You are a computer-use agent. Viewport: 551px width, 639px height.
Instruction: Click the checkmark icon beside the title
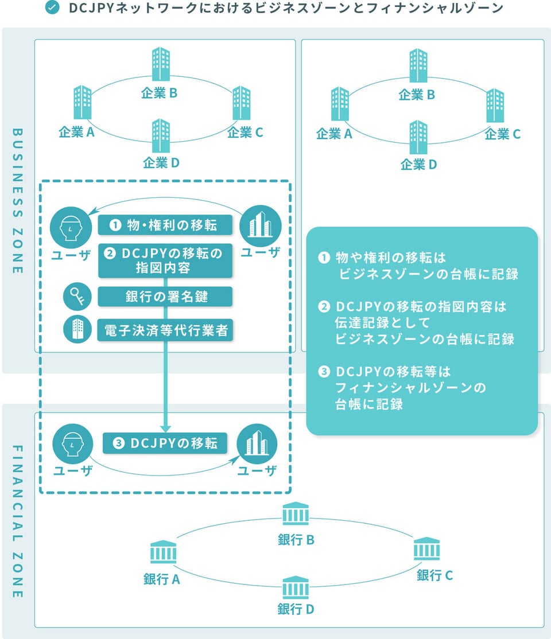pos(52,9)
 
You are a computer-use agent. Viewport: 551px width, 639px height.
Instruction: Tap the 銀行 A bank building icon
pos(162,553)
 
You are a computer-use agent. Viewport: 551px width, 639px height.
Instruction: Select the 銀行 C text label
pos(434,575)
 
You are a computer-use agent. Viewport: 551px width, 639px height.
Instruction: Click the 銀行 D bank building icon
pos(296,588)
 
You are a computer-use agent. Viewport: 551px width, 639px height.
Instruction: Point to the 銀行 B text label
pos(296,540)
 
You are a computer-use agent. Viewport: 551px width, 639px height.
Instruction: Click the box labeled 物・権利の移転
pos(165,225)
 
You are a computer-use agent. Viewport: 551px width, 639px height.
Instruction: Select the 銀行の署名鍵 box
pos(165,297)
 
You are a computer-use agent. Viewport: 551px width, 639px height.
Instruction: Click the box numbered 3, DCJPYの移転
pos(165,443)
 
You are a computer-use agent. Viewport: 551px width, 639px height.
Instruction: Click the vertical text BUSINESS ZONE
pos(17,201)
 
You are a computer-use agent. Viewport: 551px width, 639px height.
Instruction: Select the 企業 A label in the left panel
pos(76,133)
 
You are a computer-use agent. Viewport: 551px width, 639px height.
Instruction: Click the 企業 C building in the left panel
pos(242,103)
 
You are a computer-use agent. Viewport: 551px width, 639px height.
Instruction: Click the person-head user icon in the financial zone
pos(72,443)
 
